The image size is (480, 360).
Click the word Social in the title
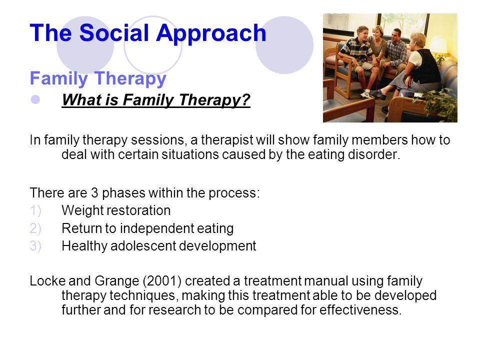click(114, 33)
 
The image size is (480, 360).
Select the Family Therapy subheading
click(98, 79)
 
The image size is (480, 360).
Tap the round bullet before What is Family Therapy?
click(35, 99)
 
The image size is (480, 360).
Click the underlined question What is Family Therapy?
click(156, 100)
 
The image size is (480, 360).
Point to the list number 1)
click(35, 210)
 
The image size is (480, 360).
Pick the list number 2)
click(35, 228)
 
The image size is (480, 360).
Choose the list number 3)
click(35, 246)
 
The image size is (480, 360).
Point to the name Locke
click(47, 280)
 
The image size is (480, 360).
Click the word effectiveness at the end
click(360, 310)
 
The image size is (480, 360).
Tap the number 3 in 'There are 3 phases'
click(94, 193)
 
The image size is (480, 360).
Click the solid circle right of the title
click(284, 45)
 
